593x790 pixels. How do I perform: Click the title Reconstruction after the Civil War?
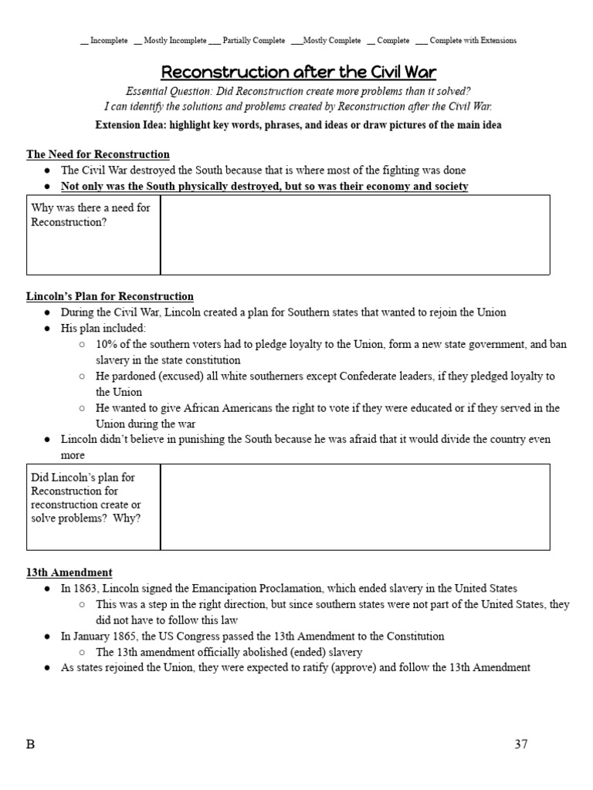pos(298,73)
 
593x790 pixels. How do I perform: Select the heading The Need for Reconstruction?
pos(98,154)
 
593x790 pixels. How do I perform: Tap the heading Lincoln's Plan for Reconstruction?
pos(110,296)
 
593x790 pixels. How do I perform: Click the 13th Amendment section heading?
pos(69,572)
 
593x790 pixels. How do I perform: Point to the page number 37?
pos(520,744)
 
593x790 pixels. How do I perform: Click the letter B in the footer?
pos(31,744)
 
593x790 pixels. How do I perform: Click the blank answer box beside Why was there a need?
pos(355,235)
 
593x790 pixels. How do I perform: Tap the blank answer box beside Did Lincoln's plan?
pos(355,506)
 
